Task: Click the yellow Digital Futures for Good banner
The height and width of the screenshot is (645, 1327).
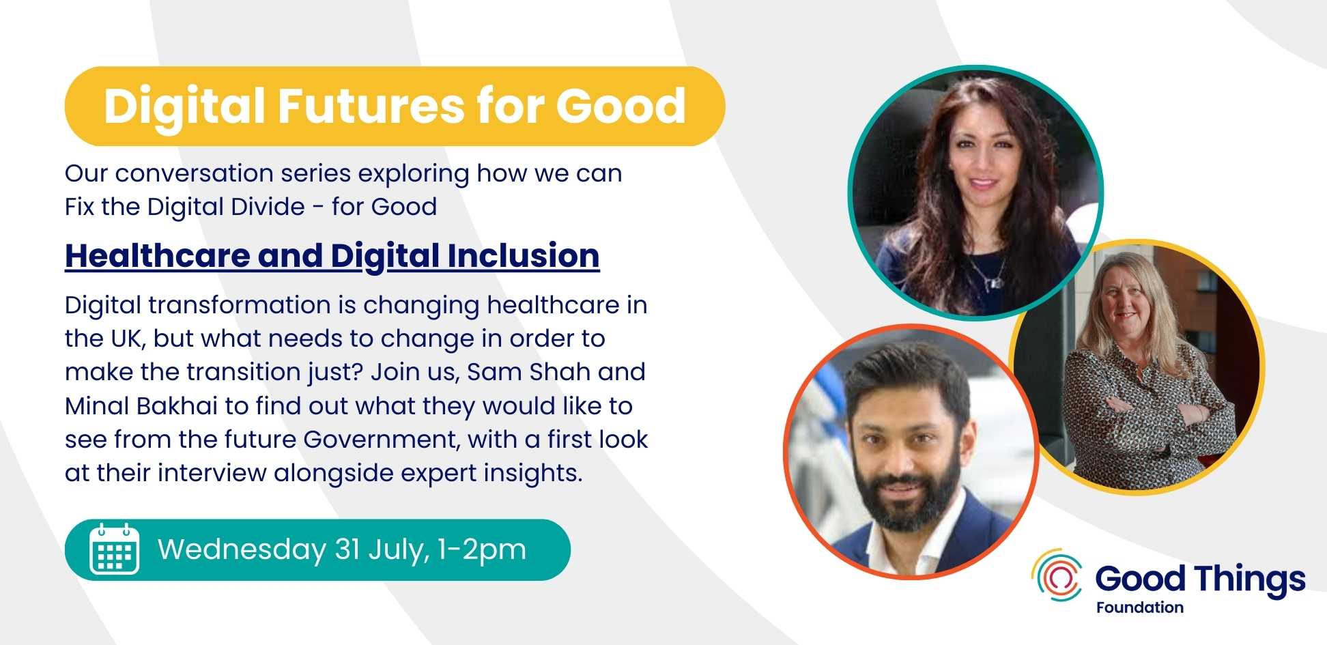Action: coord(395,106)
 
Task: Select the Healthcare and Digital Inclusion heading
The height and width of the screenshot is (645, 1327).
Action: coord(332,256)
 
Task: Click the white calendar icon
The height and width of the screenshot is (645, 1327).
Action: coord(114,549)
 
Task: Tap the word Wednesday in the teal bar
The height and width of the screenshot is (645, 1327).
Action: coord(242,550)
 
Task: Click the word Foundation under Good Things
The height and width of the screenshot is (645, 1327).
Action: coord(1140,607)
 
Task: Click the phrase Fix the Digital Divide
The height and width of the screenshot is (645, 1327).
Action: coord(185,207)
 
